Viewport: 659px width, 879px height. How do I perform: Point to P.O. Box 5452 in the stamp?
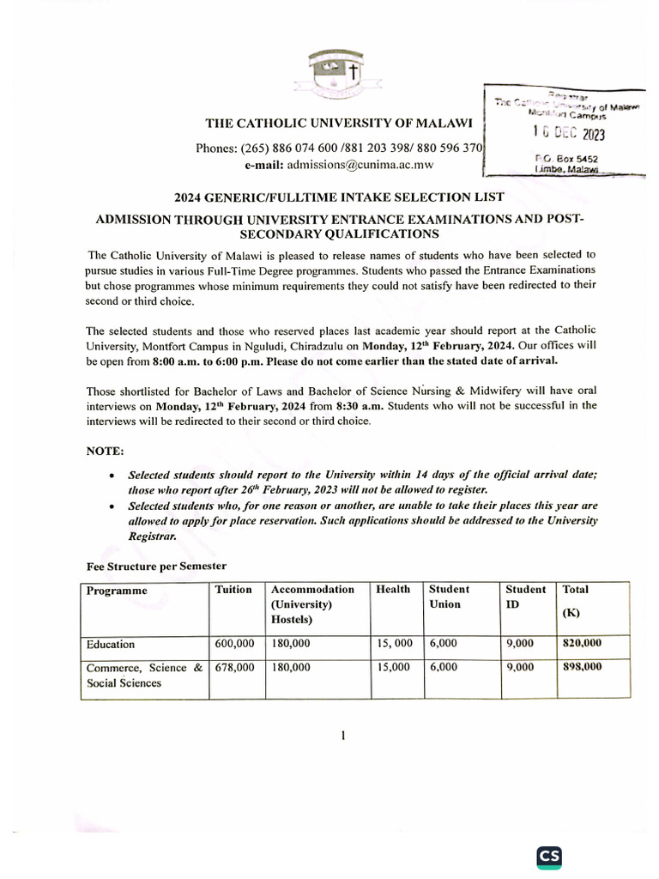(566, 159)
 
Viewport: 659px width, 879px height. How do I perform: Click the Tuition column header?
(234, 590)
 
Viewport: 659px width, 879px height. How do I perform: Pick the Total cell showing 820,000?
(582, 643)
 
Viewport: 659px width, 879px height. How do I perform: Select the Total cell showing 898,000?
(582, 667)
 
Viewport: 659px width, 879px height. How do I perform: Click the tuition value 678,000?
(234, 667)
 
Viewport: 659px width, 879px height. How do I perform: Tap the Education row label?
(111, 644)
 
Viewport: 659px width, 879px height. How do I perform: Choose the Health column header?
(393, 590)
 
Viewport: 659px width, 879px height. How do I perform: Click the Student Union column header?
(449, 597)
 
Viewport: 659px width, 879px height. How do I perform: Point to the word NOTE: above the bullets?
(106, 451)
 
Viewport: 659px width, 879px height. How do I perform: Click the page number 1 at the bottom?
(342, 735)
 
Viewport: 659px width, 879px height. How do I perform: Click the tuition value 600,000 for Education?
(234, 643)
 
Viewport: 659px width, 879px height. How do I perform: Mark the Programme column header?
(117, 591)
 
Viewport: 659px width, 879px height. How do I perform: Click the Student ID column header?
(525, 597)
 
